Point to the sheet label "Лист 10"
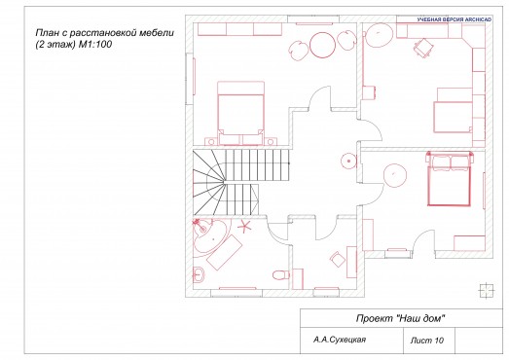pyautogui.click(x=427, y=342)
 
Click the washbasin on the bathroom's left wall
pyautogui.click(x=200, y=271)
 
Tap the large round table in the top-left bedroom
pyautogui.click(x=322, y=44)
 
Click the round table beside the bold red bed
pyautogui.click(x=395, y=175)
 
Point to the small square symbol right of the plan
pyautogui.click(x=483, y=287)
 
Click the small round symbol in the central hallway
pyautogui.click(x=345, y=161)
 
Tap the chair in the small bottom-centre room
pyautogui.click(x=338, y=258)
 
